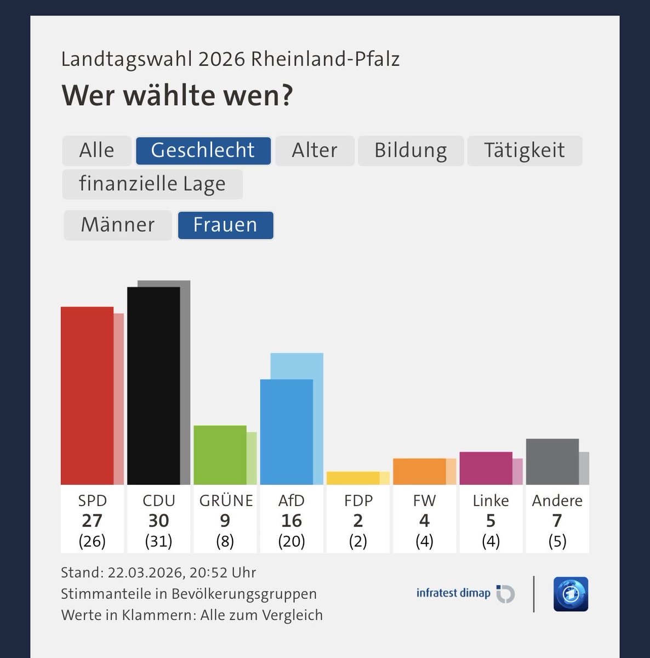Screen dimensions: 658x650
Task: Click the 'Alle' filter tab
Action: [96, 151]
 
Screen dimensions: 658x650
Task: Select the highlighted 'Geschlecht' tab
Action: [203, 151]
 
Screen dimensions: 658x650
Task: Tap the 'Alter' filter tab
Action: [315, 151]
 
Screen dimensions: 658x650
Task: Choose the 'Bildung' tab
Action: [410, 151]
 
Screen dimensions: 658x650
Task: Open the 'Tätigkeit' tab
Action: [524, 151]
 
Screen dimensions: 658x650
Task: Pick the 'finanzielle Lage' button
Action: [152, 184]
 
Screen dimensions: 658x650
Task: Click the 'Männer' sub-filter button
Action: [118, 225]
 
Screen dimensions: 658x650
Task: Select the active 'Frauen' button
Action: [225, 225]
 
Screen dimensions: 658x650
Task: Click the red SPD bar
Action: [87, 395]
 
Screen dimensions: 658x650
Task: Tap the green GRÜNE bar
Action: [220, 455]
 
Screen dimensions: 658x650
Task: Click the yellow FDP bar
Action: [352, 478]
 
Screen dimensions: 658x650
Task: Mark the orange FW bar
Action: [419, 471]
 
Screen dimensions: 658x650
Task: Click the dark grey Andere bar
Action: [552, 461]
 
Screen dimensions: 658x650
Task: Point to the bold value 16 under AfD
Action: [291, 520]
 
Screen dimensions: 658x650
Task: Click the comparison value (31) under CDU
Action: [158, 542]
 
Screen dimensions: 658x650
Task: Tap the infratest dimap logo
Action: [465, 593]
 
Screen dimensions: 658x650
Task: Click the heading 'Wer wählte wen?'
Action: [178, 95]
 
